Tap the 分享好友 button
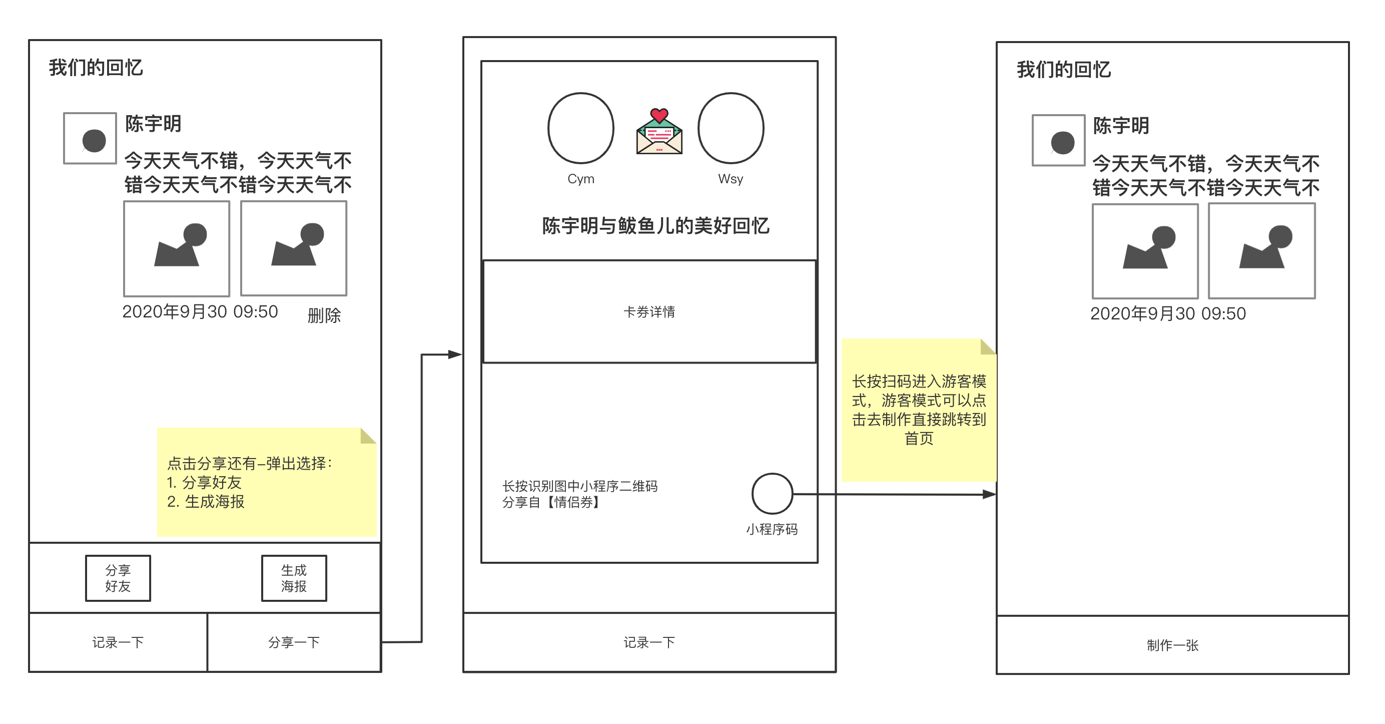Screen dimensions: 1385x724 [118, 578]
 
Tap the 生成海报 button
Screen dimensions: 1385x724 [294, 578]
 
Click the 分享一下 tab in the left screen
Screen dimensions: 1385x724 [294, 642]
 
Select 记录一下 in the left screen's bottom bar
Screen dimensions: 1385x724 [118, 642]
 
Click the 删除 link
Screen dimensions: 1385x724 [324, 315]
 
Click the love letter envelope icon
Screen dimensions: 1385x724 [659, 132]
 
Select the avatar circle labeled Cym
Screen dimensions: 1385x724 [580, 128]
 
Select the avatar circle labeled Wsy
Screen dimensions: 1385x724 [731, 128]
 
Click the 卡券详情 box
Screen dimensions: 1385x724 [649, 312]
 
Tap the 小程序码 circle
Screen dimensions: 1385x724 [772, 494]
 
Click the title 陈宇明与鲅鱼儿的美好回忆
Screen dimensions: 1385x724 [655, 226]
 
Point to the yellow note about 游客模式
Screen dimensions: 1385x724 [918, 410]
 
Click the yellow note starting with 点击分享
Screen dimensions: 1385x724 [266, 482]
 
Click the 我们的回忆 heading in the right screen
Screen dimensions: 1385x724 [1063, 70]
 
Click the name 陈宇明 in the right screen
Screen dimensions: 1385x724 [1121, 126]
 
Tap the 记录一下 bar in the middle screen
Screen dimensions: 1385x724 [649, 642]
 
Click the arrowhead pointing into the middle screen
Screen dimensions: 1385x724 [455, 354]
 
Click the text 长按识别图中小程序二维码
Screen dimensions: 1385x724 [579, 486]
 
